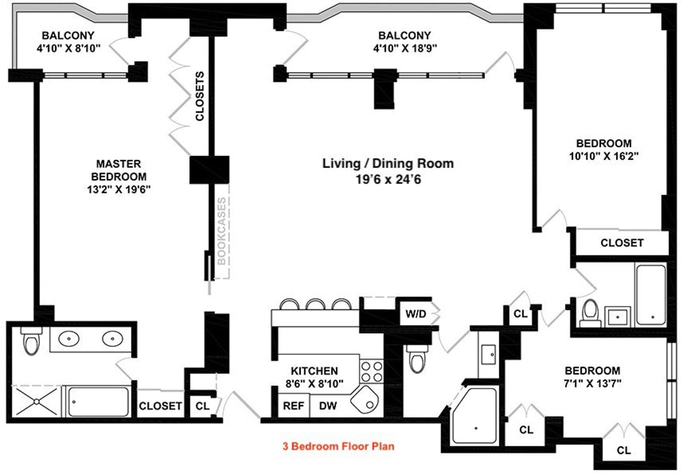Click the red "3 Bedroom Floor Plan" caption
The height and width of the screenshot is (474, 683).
[x=339, y=446]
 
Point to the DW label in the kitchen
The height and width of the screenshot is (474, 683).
[x=327, y=406]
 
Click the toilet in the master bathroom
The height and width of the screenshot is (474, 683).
[x=30, y=342]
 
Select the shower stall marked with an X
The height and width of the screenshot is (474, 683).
[x=37, y=402]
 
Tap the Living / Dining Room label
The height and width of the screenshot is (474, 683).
[x=388, y=164]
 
